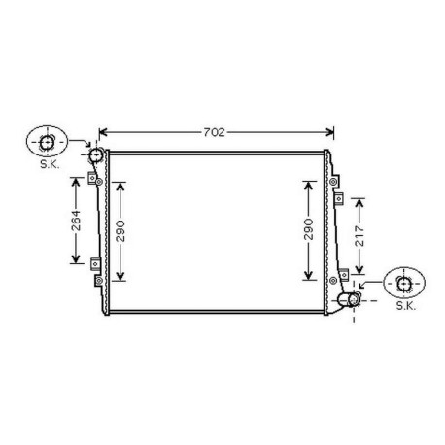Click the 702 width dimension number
click(x=218, y=132)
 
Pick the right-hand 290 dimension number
click(x=308, y=229)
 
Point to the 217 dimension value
click(x=360, y=234)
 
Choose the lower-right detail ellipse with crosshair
click(x=405, y=284)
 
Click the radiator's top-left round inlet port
click(x=95, y=155)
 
